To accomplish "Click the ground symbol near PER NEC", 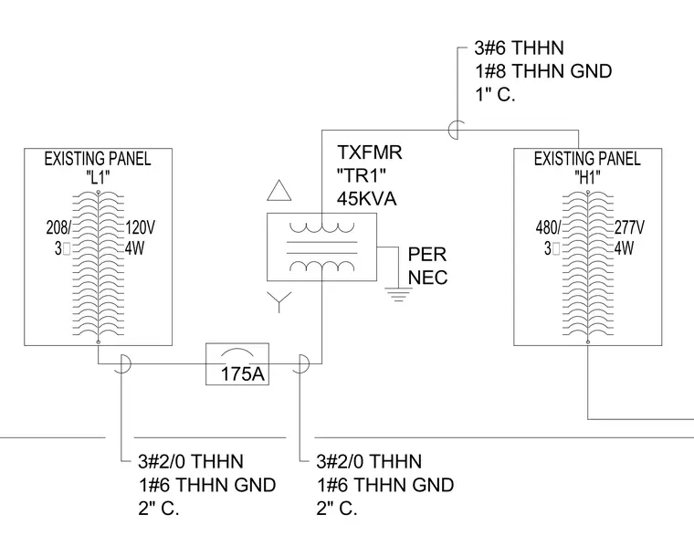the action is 398,294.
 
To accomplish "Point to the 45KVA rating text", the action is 366,199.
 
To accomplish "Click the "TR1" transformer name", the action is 362,175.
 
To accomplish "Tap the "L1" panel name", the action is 98,178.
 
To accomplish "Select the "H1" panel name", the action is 587,178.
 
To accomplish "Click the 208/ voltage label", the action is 58,228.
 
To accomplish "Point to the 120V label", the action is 141,228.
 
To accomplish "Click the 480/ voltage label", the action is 548,228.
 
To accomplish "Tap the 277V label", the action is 630,228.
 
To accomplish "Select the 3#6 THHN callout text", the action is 520,48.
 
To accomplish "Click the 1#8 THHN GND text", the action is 543,71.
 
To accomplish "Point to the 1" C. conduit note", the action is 495,95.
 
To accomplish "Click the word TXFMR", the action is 370,152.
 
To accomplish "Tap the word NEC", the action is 427,278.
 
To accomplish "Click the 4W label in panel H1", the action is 624,248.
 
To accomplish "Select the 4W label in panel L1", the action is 134,248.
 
